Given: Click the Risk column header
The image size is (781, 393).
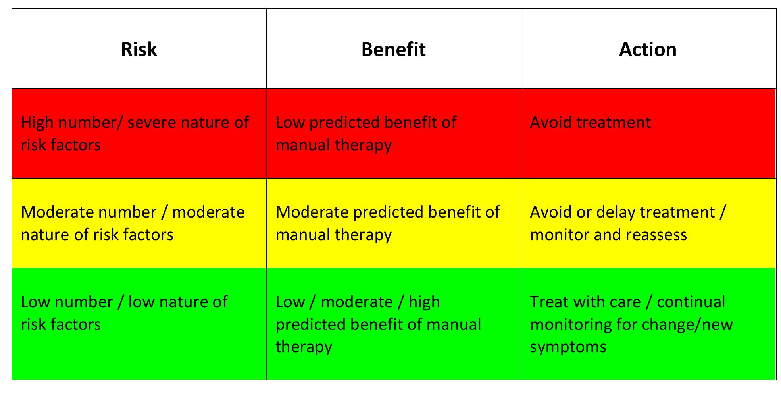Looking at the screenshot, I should (139, 50).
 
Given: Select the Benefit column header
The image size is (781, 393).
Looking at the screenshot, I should (393, 50).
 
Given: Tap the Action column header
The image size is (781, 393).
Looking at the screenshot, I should (648, 50).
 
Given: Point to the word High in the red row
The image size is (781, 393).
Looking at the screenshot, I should (37, 123).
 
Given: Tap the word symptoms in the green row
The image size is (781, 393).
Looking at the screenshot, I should (568, 347).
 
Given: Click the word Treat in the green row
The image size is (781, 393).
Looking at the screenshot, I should (548, 302).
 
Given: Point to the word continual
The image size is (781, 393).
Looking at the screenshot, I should (691, 302).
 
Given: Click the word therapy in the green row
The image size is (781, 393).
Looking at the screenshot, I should (304, 347).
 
